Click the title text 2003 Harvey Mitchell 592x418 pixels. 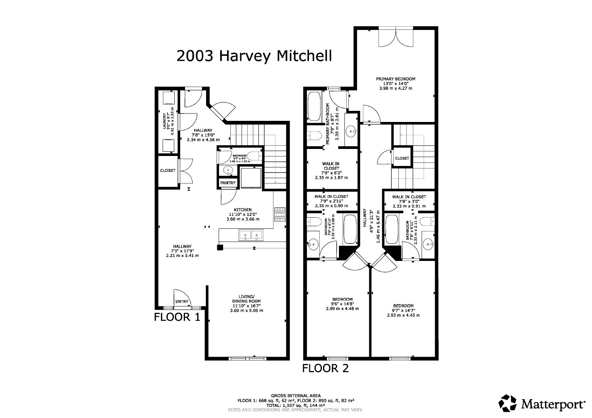pyautogui.click(x=254, y=56)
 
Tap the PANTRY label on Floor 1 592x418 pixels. pyautogui.click(x=228, y=183)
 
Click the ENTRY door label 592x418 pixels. pyautogui.click(x=182, y=302)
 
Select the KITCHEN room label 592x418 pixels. pyautogui.click(x=243, y=210)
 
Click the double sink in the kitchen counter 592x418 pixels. pyautogui.click(x=250, y=235)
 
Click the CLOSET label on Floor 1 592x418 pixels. pyautogui.click(x=168, y=170)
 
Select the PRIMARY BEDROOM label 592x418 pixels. pyautogui.click(x=396, y=79)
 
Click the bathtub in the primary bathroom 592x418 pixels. pyautogui.click(x=314, y=106)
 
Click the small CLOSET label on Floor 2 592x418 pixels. pyautogui.click(x=402, y=158)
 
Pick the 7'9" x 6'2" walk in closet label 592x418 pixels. pyautogui.click(x=331, y=168)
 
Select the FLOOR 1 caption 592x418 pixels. pyautogui.click(x=177, y=317)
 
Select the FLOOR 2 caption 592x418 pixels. pyautogui.click(x=326, y=368)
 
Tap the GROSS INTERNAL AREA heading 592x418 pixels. pyautogui.click(x=296, y=395)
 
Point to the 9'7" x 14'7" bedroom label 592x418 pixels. pyautogui.click(x=403, y=306)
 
